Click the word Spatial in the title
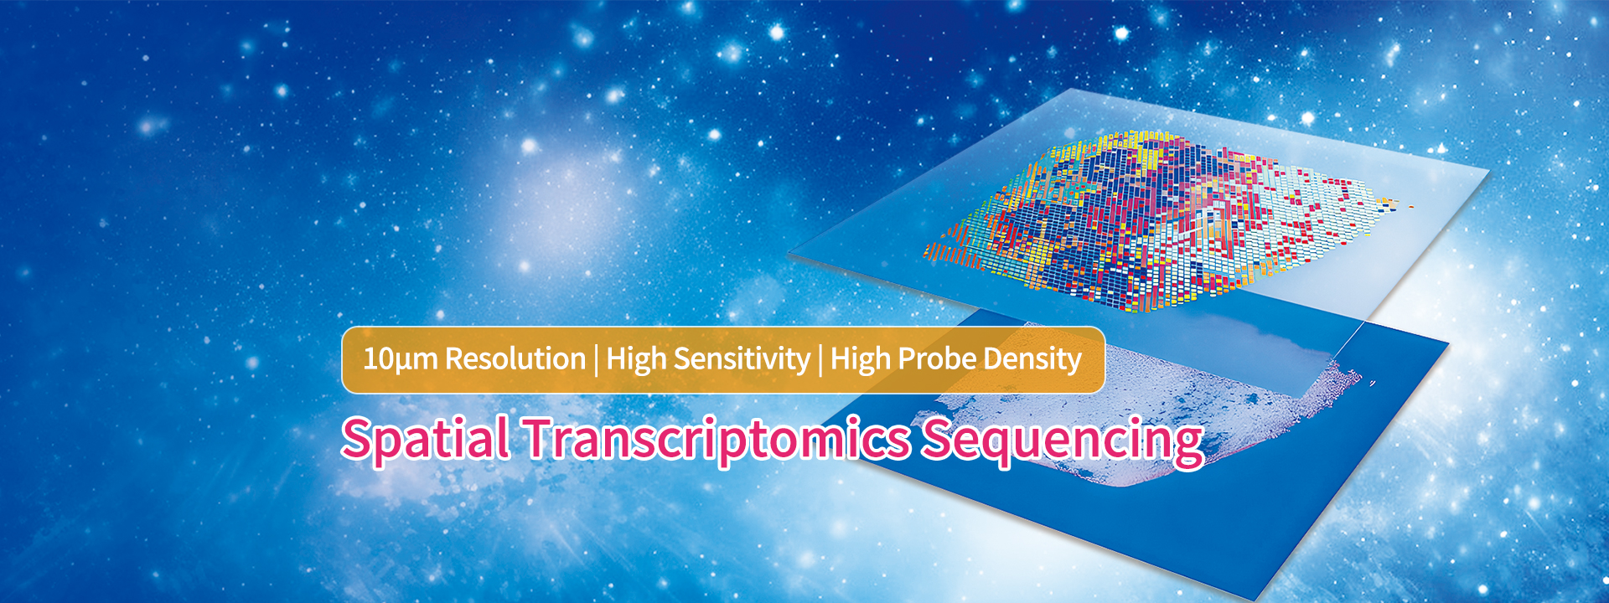pos(425,439)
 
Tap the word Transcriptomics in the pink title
pos(717,439)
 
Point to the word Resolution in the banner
pos(515,359)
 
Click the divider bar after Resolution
pos(596,360)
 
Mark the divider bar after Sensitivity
pos(820,360)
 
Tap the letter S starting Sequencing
pos(940,438)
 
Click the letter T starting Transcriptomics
pos(542,438)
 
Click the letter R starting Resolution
pos(455,359)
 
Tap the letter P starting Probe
pos(907,359)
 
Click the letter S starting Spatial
pos(359,438)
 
